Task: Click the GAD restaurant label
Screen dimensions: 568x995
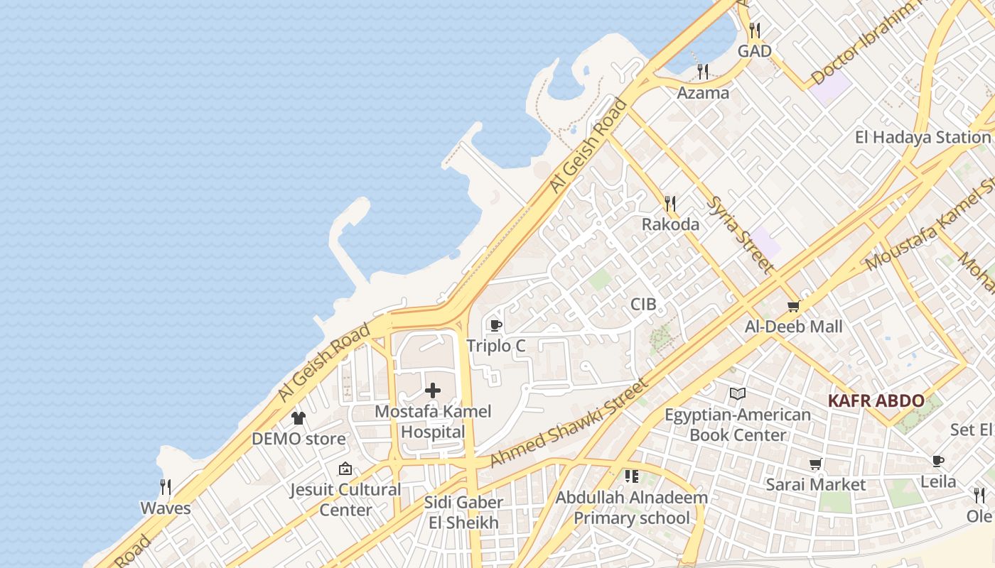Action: tap(754, 51)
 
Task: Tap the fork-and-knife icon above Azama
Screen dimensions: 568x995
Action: tap(703, 71)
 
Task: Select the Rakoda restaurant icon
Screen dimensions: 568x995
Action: tap(669, 204)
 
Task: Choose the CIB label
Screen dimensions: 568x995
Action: tap(643, 305)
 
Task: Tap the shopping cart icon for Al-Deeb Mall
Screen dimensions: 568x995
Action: tap(793, 306)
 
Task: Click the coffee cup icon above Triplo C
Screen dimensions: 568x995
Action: tap(495, 325)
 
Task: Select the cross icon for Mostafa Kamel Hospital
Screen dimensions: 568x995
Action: tap(433, 390)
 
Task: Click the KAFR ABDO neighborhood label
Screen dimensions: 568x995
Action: tap(876, 400)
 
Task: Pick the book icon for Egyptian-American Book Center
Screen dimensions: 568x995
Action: tap(738, 393)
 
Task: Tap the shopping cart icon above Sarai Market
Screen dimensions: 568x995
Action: tap(816, 464)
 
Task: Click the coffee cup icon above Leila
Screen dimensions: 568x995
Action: tap(938, 461)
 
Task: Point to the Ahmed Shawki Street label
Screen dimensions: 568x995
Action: tap(569, 423)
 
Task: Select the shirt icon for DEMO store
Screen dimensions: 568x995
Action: tap(298, 417)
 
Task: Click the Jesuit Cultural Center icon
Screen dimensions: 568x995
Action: tap(345, 469)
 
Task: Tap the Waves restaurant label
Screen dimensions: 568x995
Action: tap(166, 508)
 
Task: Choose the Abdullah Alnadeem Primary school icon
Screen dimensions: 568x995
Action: tap(631, 476)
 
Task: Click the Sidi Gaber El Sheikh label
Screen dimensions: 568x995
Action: tap(464, 513)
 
